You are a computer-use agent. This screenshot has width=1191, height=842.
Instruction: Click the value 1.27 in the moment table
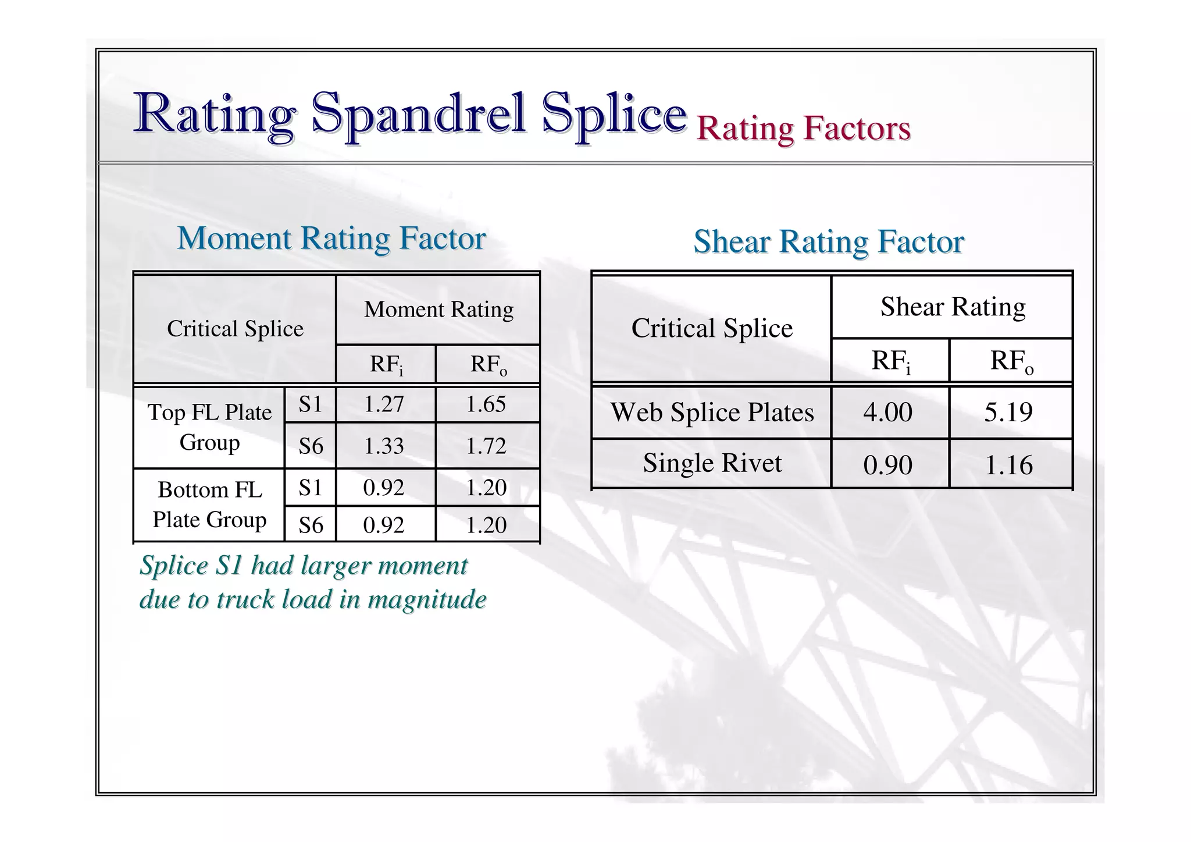click(384, 404)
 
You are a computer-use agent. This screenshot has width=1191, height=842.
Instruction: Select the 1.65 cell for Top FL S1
click(486, 404)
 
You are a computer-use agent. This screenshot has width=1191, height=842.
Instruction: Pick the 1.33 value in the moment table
click(384, 446)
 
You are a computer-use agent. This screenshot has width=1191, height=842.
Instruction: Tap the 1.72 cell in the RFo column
click(486, 446)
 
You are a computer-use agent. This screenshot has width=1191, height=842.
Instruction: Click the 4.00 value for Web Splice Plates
click(887, 413)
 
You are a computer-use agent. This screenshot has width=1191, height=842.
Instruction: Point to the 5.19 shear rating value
click(1008, 413)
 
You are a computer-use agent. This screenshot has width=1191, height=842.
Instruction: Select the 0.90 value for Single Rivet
click(887, 465)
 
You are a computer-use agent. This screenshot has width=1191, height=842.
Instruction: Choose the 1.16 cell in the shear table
click(1008, 465)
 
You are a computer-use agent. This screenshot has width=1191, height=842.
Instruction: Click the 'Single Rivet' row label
click(712, 463)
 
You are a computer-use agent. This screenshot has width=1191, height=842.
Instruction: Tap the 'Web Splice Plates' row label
click(712, 413)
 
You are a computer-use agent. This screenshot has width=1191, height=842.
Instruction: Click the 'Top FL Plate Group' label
click(209, 427)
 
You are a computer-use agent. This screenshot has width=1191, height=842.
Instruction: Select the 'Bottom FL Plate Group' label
click(209, 505)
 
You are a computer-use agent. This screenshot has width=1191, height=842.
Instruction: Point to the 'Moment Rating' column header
click(438, 310)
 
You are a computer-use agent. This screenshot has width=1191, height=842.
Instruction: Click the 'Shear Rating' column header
click(953, 307)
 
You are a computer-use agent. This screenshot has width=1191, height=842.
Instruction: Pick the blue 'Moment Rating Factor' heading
click(331, 239)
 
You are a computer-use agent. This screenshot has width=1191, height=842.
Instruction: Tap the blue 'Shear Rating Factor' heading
click(829, 241)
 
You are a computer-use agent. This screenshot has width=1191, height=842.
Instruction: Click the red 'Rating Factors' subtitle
click(803, 129)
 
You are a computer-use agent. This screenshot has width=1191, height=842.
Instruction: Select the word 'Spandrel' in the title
click(419, 113)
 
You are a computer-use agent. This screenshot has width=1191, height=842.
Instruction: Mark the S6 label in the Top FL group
click(311, 446)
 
